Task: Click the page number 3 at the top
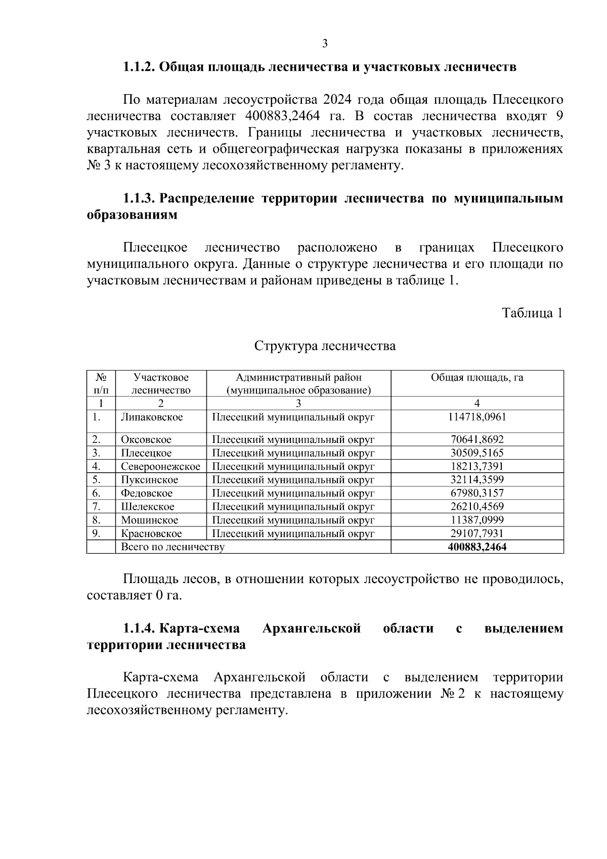(325, 44)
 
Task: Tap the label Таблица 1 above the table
(532, 313)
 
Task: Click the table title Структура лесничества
(325, 346)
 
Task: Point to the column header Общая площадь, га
(477, 378)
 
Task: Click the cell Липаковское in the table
(152, 417)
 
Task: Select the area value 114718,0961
(477, 417)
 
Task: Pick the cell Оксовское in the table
(146, 440)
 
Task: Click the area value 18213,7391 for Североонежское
(477, 467)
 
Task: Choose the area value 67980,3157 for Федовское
(477, 494)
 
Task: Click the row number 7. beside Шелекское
(97, 507)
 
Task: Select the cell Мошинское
(150, 520)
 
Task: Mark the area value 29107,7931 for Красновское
(477, 534)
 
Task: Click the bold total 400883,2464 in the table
(477, 547)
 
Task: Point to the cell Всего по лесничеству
(173, 547)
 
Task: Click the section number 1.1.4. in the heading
(140, 629)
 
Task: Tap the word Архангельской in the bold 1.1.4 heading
(312, 629)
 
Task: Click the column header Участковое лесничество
(161, 384)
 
